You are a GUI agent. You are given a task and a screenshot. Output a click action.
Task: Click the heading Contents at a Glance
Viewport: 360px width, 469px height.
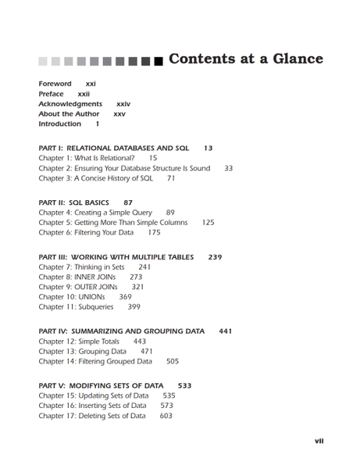pos(245,59)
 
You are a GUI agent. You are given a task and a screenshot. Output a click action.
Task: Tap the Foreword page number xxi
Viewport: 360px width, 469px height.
pos(91,84)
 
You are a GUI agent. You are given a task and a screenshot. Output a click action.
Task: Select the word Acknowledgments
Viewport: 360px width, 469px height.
pos(70,104)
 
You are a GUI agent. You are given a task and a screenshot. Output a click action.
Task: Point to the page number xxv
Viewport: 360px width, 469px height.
pos(119,114)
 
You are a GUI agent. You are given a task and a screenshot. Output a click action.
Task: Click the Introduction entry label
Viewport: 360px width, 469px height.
pos(59,124)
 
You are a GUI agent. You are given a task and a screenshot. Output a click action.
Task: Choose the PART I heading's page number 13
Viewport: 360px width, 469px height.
pos(208,148)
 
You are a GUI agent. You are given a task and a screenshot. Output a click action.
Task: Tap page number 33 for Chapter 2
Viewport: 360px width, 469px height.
pos(228,168)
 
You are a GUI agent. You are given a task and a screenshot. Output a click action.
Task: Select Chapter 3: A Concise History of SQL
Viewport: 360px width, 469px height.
pos(95,178)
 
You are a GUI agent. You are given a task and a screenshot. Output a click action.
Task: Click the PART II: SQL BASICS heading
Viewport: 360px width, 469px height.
pos(73,202)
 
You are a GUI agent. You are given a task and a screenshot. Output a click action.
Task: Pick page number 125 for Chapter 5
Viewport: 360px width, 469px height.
pos(208,223)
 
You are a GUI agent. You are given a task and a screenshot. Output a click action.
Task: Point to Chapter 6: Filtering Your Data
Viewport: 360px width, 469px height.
pos(86,233)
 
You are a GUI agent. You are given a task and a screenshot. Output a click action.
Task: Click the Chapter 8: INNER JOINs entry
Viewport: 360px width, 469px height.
pos(77,277)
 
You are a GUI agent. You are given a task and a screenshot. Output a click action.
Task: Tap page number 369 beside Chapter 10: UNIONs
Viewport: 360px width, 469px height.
pos(125,298)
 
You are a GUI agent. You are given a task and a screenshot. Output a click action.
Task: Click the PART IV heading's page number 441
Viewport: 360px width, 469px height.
pos(225,331)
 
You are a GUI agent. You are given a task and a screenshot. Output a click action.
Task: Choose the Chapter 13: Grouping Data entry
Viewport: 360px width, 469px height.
pos(82,352)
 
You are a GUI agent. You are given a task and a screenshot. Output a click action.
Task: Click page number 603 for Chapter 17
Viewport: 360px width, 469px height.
pos(166,417)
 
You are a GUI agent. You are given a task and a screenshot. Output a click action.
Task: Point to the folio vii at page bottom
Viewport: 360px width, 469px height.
pos(319,441)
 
